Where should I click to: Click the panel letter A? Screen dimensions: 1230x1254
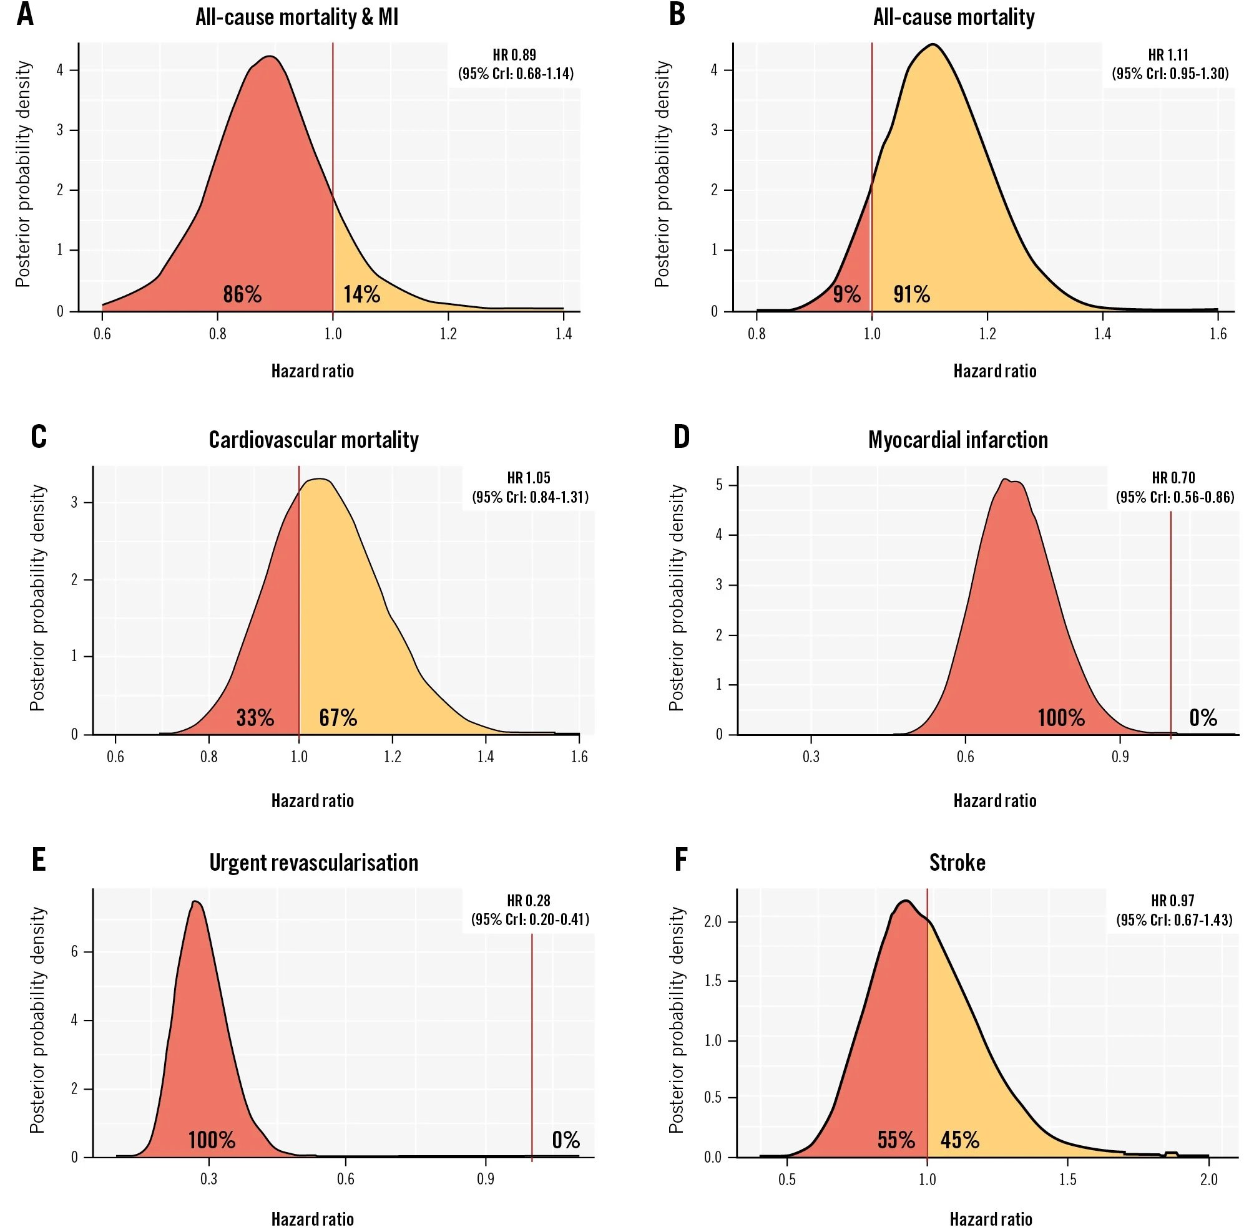(25, 15)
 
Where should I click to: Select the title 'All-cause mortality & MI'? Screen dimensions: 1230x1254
(296, 17)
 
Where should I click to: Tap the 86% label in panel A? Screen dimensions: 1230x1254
(242, 294)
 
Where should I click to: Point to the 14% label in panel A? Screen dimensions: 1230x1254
(361, 294)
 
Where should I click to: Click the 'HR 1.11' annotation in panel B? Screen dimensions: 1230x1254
(1168, 55)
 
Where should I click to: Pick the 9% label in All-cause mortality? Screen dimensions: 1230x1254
(846, 294)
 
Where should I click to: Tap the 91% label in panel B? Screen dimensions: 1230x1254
(911, 294)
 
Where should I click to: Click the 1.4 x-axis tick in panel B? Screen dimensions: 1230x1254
(1103, 334)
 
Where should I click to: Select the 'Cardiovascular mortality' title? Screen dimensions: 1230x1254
(313, 440)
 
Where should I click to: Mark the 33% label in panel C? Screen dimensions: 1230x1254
(255, 718)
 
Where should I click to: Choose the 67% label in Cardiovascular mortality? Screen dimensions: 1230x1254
(338, 718)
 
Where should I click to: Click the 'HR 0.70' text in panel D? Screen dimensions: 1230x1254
(1173, 478)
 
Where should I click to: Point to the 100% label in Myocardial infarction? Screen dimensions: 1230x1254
(1061, 718)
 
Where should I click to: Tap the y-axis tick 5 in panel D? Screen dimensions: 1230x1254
(719, 485)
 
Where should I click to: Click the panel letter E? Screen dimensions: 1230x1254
(39, 861)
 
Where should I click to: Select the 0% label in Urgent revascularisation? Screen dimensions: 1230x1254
(566, 1140)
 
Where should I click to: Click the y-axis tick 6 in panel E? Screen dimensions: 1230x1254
(75, 952)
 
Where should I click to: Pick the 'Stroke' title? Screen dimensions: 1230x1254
(958, 863)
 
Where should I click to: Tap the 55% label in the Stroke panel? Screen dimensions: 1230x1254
(896, 1140)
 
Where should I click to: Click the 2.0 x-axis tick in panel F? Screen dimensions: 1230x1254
(1208, 1179)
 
